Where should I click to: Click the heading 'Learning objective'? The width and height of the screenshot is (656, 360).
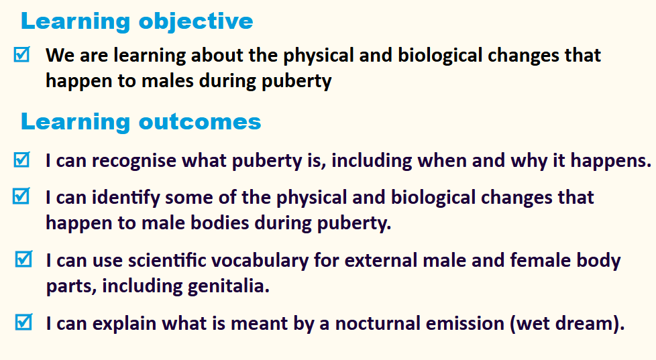(137, 21)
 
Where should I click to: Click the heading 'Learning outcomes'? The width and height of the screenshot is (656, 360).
(141, 122)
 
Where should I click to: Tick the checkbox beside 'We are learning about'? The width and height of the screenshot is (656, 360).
(21, 54)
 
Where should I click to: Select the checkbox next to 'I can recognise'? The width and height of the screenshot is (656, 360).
(21, 160)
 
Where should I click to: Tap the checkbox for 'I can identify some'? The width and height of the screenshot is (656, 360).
(21, 196)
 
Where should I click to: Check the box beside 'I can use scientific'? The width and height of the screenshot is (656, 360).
(23, 259)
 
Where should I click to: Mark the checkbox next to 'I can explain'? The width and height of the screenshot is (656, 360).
(23, 322)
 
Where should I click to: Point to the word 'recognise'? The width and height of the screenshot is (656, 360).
(134, 161)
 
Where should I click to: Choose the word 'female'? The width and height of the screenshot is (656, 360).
(541, 261)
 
